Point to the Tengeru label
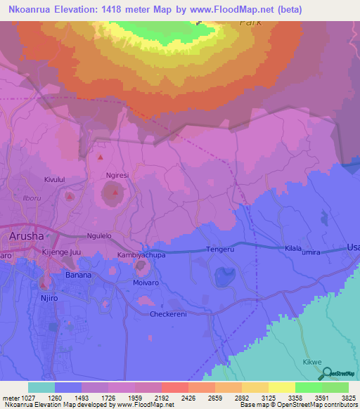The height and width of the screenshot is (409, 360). [x=219, y=249]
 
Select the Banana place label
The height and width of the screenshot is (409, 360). [x=78, y=275]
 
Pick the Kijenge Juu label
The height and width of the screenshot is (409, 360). [x=63, y=251]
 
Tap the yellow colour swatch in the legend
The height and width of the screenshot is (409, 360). [x=281, y=387]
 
